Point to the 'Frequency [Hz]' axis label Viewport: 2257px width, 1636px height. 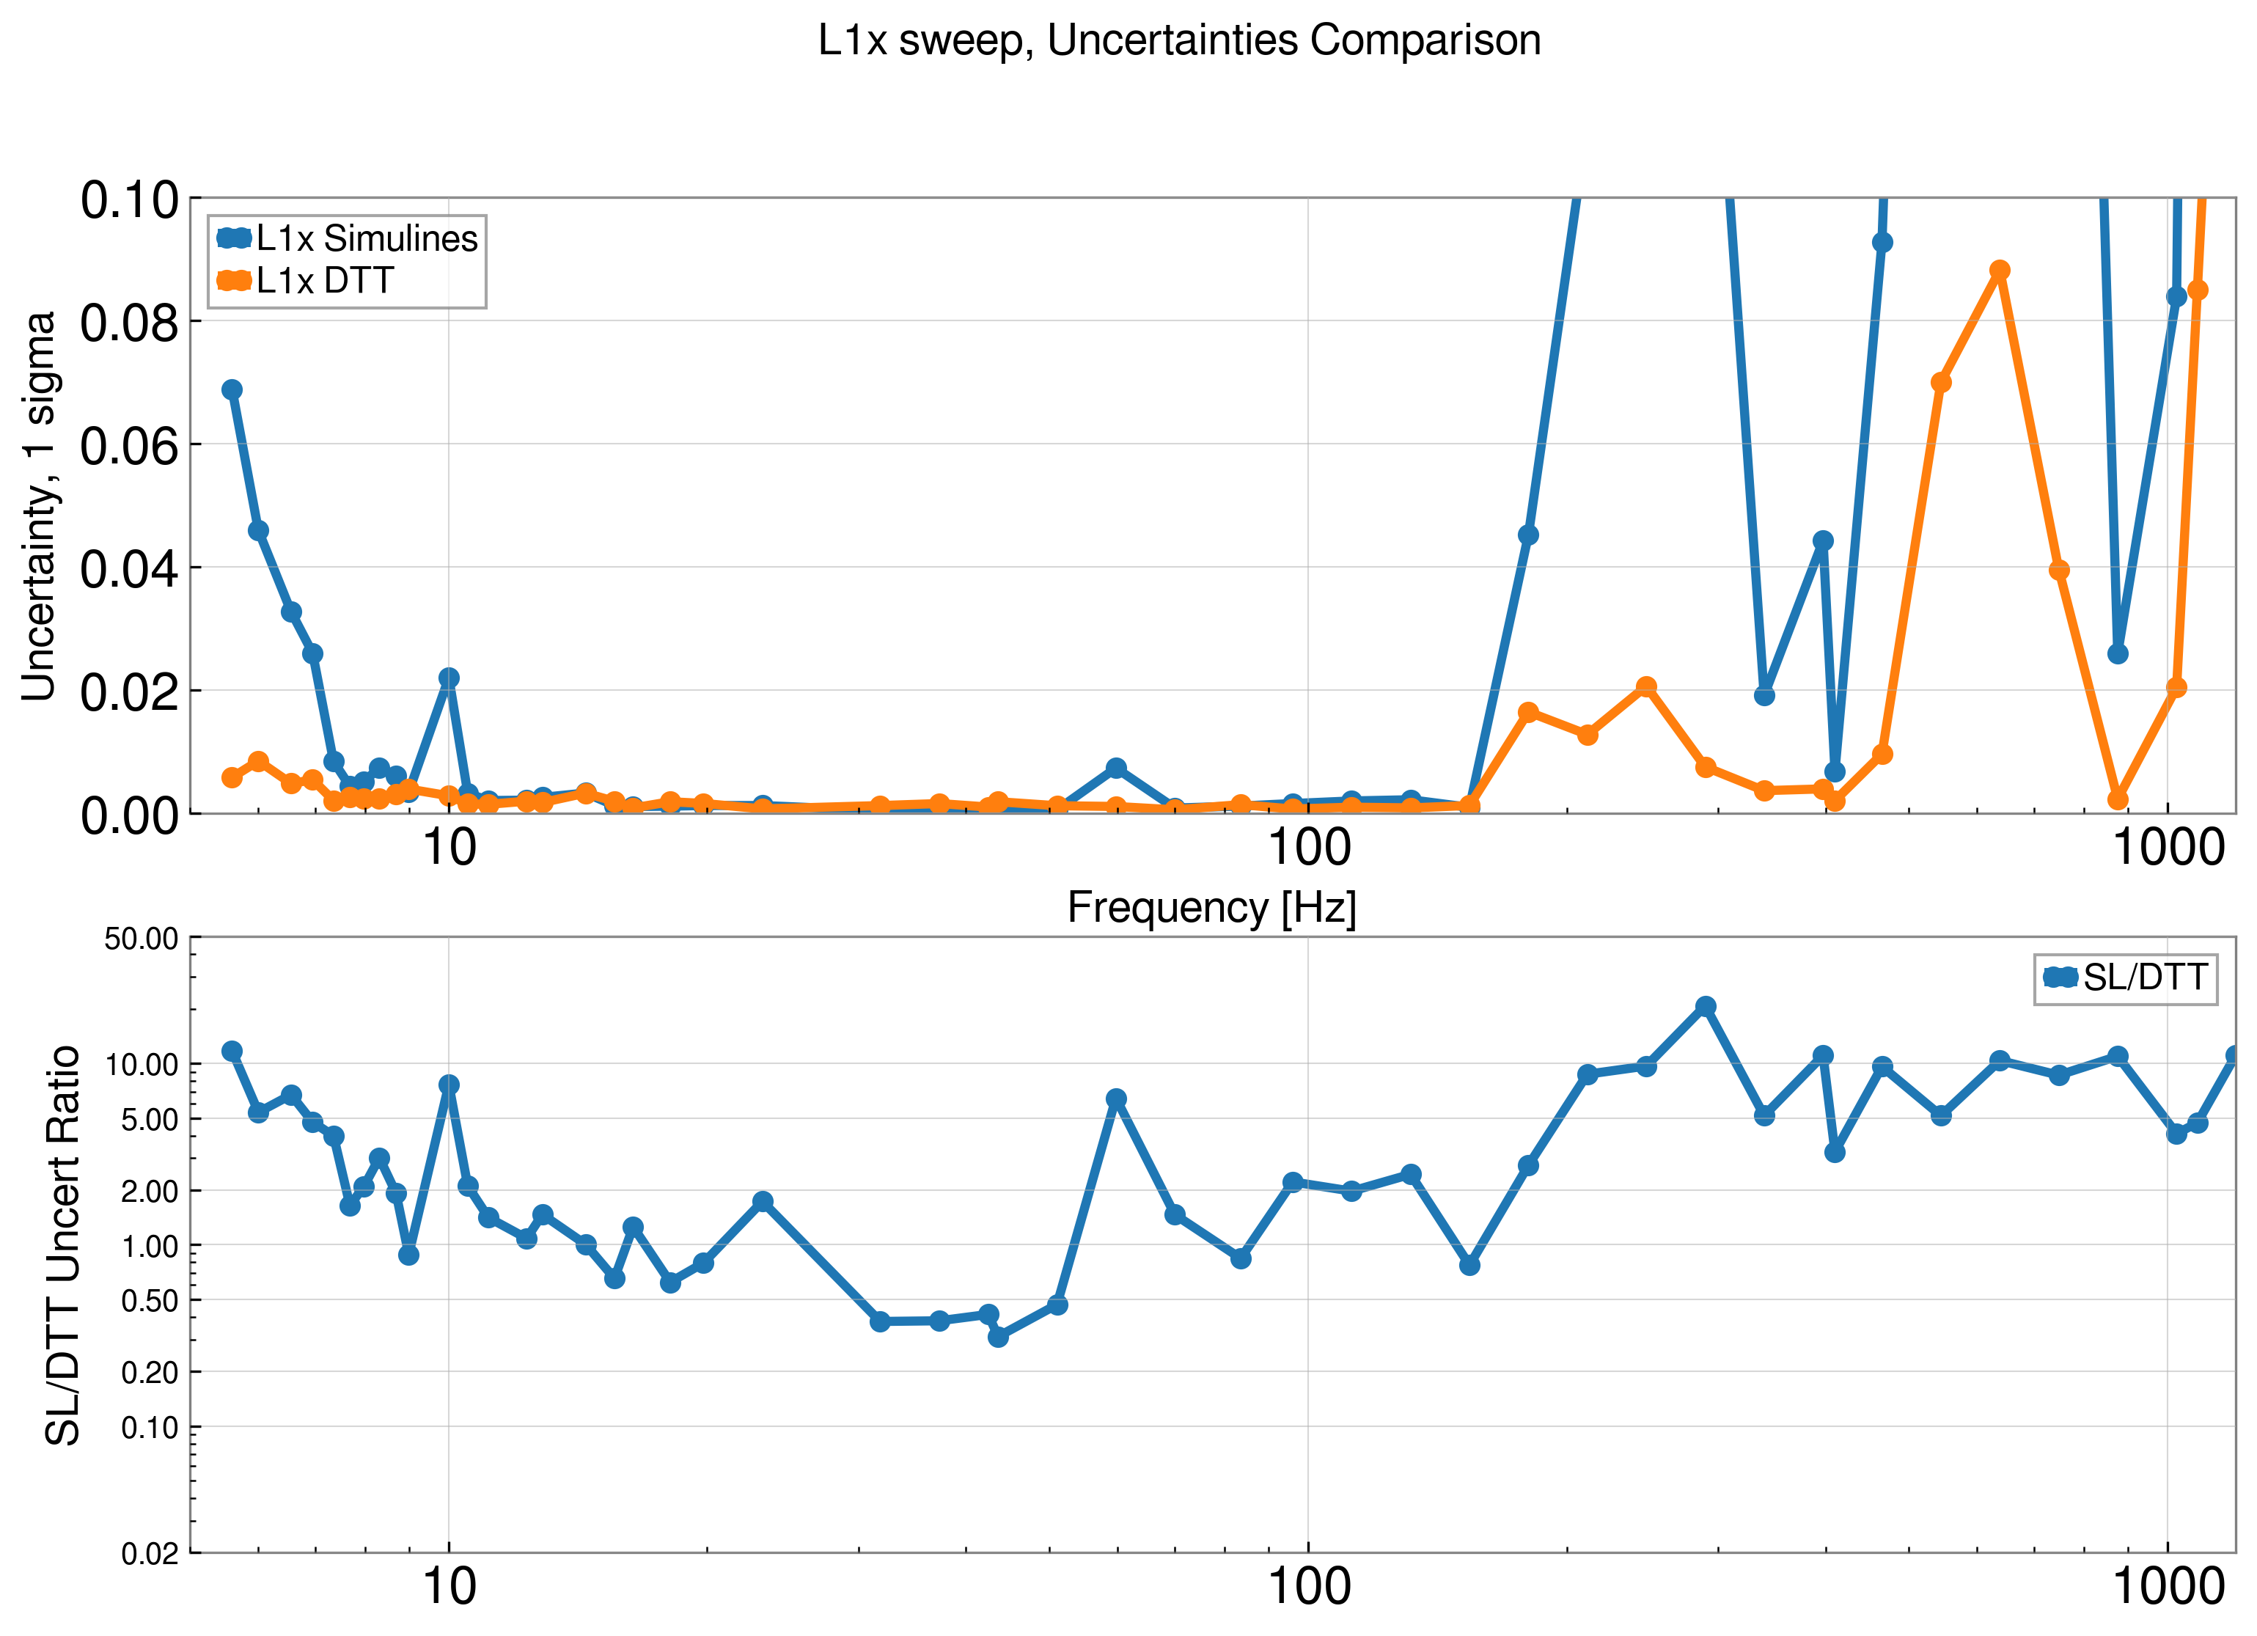tap(1211, 908)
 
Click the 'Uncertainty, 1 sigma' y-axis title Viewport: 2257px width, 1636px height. tap(40, 507)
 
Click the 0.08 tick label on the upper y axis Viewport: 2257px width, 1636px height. tap(129, 323)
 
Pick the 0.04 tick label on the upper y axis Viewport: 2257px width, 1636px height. tap(129, 569)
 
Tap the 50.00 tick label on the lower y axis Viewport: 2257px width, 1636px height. tap(142, 939)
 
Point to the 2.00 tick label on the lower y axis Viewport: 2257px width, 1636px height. tap(150, 1191)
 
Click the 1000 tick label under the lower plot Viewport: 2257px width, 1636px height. tap(2168, 1586)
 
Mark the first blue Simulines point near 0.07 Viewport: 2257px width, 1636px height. tap(232, 389)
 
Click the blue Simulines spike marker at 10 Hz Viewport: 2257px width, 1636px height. tap(449, 678)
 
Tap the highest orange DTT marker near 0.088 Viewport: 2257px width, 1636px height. tap(1999, 271)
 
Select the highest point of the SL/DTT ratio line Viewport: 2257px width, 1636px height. tap(1706, 1006)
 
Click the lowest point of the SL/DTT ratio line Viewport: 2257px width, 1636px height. tap(998, 1337)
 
